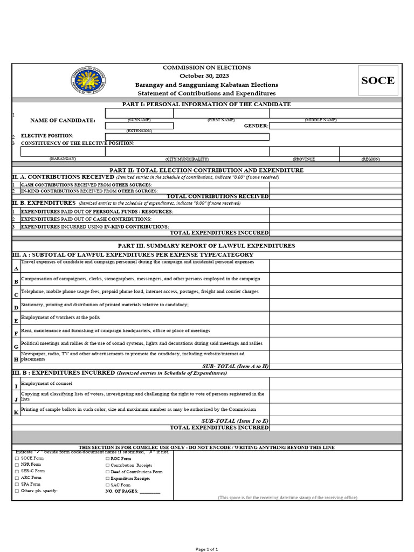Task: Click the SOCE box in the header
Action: tap(378, 80)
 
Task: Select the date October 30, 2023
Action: tap(207, 76)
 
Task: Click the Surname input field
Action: tap(139, 113)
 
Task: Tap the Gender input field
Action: tap(335, 126)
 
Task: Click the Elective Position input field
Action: tap(187, 136)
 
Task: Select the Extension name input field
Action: tap(139, 126)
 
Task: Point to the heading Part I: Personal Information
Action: tap(207, 104)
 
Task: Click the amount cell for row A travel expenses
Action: tap(335, 266)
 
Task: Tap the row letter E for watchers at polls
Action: tap(16, 321)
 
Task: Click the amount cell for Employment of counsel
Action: tap(335, 384)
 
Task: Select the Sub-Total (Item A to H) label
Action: tap(235, 366)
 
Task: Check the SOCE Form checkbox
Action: tap(17, 458)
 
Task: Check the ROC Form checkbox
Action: tap(107, 458)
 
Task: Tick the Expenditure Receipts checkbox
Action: tap(107, 478)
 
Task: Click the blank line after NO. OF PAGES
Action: tap(150, 492)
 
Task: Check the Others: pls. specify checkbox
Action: tap(17, 491)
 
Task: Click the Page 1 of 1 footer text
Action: tap(206, 549)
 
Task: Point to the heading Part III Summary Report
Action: tap(207, 245)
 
